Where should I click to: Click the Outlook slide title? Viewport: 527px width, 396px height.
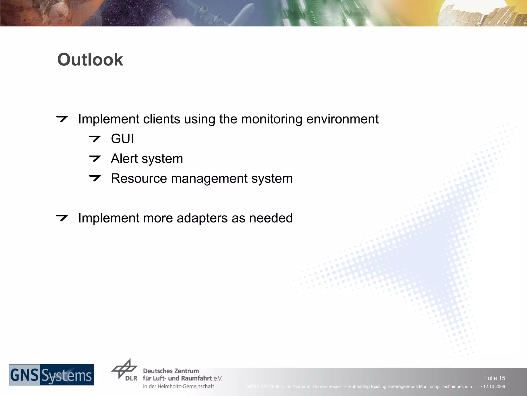point(90,60)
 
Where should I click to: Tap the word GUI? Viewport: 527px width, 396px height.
point(122,139)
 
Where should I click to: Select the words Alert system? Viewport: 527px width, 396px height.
point(147,159)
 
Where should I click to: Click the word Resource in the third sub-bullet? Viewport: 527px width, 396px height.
point(139,178)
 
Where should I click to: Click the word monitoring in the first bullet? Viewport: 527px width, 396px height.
point(272,119)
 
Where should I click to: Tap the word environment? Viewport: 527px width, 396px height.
point(342,119)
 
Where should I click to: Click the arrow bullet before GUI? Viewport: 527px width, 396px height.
point(94,139)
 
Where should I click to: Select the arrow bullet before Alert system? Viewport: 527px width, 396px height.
point(94,158)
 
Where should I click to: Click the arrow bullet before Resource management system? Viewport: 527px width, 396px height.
point(94,178)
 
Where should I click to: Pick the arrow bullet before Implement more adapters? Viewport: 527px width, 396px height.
point(62,218)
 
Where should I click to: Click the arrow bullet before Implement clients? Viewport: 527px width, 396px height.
point(62,119)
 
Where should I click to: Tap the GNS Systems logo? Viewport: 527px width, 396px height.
point(51,375)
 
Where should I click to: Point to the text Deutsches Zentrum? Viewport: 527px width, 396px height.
point(171,371)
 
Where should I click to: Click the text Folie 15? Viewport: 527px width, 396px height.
point(494,378)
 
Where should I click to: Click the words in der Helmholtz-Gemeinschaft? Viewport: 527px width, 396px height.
point(179,386)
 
